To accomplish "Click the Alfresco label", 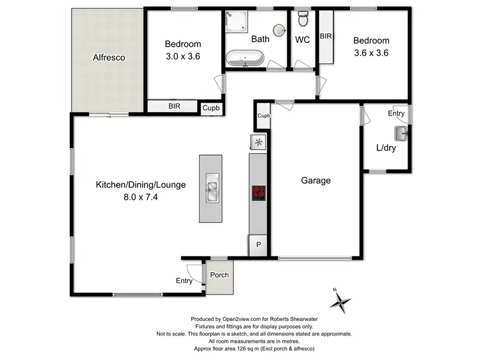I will [108, 58].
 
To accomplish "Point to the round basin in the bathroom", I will [279, 30].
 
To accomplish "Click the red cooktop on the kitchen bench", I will [259, 192].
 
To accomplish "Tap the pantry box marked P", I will [259, 244].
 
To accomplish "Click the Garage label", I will [316, 181].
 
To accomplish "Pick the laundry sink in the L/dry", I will [402, 133].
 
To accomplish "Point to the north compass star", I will [344, 300].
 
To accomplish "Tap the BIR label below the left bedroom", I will [174, 107].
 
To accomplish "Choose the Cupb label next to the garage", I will [263, 116].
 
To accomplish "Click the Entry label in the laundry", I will [396, 113].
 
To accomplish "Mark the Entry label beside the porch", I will [184, 281].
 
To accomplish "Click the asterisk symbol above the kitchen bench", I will [259, 142].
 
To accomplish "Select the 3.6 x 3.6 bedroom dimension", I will [371, 53].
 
